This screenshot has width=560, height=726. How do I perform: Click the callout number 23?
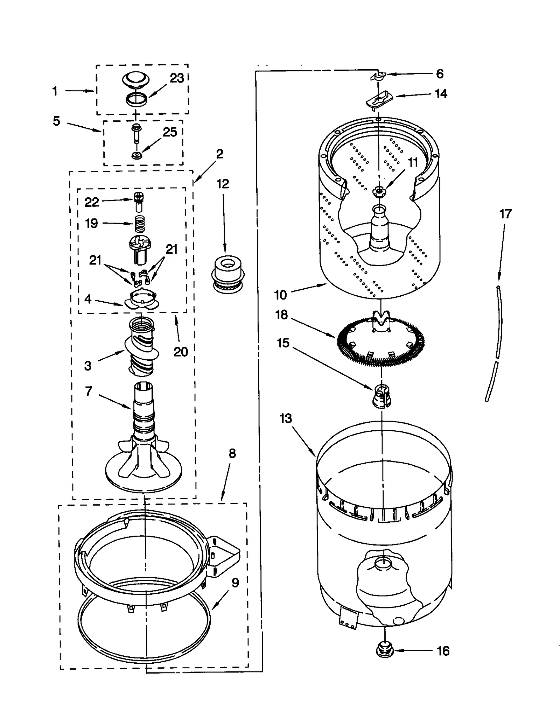[x=177, y=78]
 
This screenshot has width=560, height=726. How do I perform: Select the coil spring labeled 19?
[x=140, y=224]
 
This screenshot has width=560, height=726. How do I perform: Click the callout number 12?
[x=223, y=184]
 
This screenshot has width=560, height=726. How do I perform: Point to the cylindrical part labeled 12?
[x=227, y=273]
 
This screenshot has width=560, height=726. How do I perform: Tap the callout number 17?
[x=505, y=214]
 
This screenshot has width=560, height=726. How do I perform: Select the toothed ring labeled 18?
[x=381, y=341]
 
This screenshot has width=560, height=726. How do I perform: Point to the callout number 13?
[x=286, y=418]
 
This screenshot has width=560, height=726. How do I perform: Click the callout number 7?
[x=89, y=391]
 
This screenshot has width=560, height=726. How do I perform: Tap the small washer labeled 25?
[x=136, y=155]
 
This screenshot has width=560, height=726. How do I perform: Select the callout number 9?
[x=235, y=583]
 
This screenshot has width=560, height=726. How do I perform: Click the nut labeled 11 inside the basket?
[x=378, y=191]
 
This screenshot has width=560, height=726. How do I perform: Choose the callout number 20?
[x=181, y=352]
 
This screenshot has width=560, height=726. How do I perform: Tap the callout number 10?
[x=280, y=295]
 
